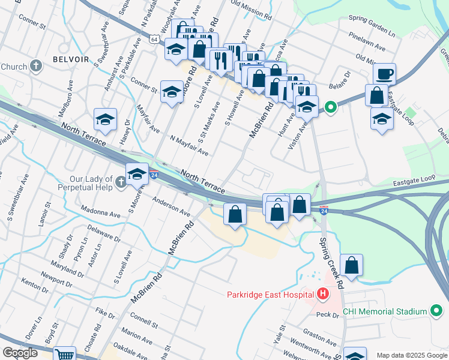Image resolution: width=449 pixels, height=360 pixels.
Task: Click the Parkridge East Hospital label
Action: coord(271,294)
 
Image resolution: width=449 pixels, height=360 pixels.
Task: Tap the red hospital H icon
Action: coord(323,294)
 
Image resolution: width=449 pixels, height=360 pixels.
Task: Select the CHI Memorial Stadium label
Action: coord(384,311)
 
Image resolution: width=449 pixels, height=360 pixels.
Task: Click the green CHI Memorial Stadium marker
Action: coord(436,311)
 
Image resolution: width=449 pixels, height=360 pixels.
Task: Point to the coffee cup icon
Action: coord(384,74)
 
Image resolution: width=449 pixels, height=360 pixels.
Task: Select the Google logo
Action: coord(20,353)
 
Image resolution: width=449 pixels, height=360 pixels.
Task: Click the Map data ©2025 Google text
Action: coord(411,355)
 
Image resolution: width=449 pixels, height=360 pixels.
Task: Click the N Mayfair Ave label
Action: coord(189,146)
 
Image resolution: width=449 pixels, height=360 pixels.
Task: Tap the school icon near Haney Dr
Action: coord(105,119)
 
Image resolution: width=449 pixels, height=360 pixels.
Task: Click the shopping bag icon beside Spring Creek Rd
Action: coord(351,265)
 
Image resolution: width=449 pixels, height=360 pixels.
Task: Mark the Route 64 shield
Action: coord(155,40)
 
